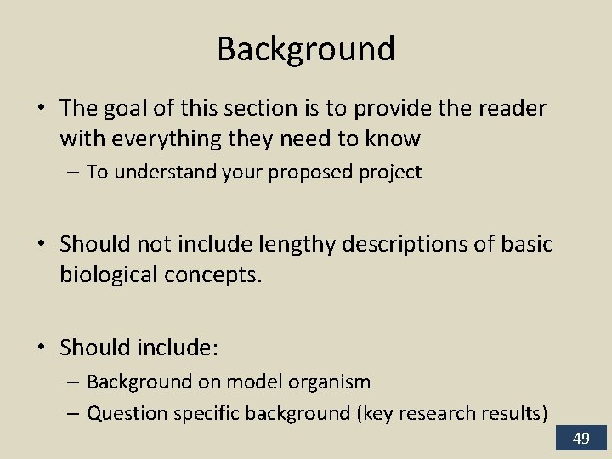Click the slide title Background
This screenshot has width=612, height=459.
click(306, 49)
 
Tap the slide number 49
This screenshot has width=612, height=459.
click(581, 439)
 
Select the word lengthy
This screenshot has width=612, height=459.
click(286, 245)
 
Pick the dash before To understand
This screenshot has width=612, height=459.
click(73, 173)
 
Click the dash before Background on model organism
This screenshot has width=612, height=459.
click(73, 382)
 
